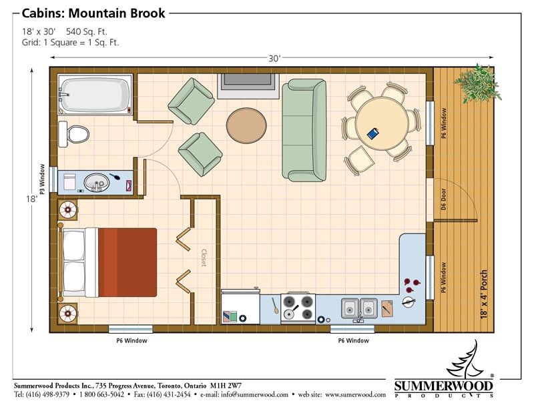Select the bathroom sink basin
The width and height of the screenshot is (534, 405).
97,181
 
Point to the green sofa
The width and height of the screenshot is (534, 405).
304,129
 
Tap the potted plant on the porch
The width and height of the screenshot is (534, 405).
476,82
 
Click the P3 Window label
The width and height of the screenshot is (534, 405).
41,179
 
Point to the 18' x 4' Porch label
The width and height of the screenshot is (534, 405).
484,294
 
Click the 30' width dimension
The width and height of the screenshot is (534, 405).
274,59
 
